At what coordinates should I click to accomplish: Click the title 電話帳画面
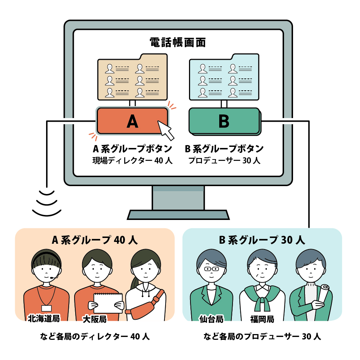[178, 42]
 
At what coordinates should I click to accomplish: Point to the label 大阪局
[94, 319]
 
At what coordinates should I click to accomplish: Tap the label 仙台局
[212, 319]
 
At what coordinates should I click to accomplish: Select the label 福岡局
[262, 319]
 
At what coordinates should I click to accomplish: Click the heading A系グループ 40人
[94, 240]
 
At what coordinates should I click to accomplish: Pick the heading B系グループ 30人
[262, 240]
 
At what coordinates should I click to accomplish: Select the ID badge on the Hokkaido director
[46, 308]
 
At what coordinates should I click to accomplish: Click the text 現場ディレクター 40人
[132, 161]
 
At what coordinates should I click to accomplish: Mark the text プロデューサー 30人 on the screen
[224, 161]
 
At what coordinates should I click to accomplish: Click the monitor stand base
[178, 215]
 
